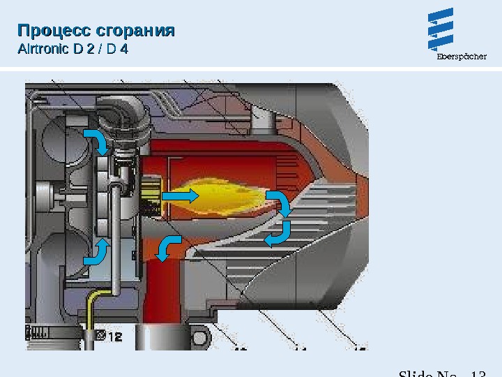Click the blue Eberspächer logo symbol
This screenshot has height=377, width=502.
click(441, 30)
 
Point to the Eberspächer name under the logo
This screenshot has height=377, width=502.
click(462, 57)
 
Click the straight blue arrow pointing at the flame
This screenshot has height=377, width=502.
click(180, 196)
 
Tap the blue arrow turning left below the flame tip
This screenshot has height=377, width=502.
click(277, 233)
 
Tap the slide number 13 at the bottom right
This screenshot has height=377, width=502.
click(477, 374)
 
